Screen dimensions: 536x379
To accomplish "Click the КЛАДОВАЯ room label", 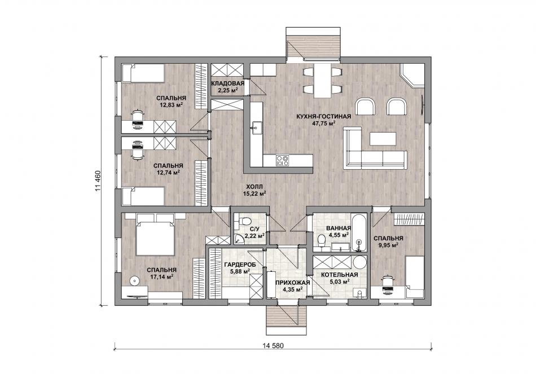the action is (x=227, y=83).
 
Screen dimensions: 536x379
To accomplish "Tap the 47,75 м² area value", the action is (x=324, y=124).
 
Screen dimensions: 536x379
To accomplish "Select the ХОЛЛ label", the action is (x=254, y=187).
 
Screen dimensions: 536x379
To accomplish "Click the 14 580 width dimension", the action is (x=273, y=346).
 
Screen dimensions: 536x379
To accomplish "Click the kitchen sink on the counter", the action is (x=256, y=129).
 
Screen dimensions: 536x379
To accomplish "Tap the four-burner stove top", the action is (x=282, y=161).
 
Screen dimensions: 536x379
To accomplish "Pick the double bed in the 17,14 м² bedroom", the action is (x=156, y=234).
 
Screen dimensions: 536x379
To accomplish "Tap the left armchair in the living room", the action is (x=366, y=107).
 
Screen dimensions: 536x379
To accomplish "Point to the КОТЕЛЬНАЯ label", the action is (x=340, y=275).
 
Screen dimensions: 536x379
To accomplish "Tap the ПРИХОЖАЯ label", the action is (x=293, y=283).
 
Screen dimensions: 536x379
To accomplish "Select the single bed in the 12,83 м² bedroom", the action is (x=143, y=73).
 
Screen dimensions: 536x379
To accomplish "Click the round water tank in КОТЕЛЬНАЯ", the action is (x=359, y=262).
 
